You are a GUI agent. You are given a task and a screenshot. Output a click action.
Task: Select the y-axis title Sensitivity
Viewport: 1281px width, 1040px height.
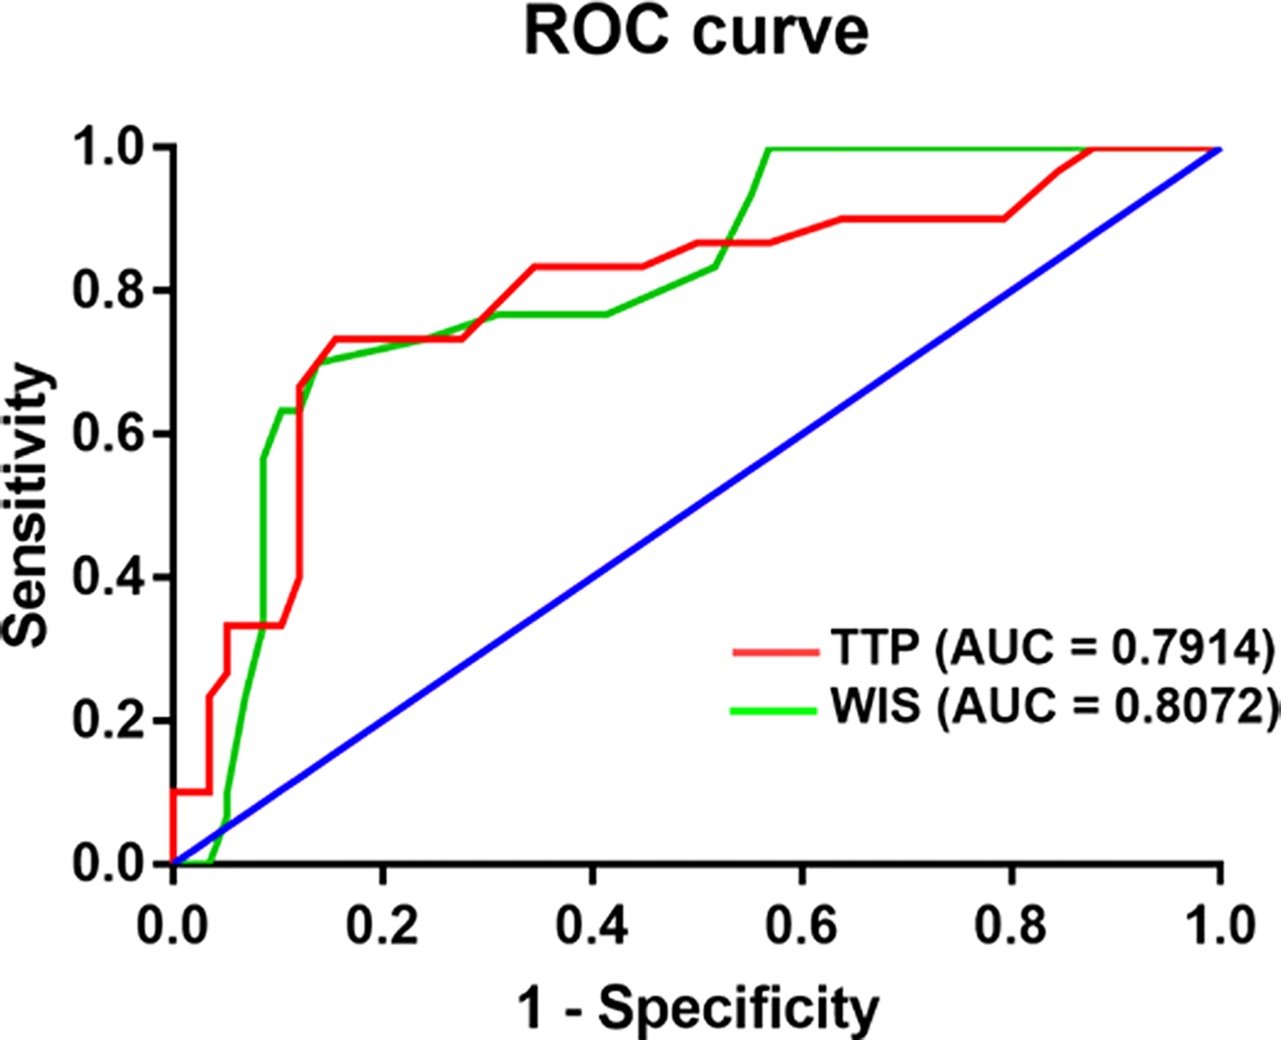tap(27, 505)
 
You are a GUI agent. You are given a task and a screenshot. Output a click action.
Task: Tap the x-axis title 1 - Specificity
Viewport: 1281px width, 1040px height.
tap(697, 1008)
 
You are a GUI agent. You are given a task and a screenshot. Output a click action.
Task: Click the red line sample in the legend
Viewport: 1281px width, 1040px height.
tap(775, 651)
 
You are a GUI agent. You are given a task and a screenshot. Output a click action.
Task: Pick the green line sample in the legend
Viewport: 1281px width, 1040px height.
tap(773, 711)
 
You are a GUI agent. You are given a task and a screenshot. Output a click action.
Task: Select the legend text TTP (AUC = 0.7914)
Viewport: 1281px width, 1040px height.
tap(1051, 648)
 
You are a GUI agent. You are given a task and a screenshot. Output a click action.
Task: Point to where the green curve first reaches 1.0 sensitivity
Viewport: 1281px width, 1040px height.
tap(768, 150)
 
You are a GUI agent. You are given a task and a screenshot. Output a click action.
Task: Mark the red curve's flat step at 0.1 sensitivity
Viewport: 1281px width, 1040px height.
tap(191, 791)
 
